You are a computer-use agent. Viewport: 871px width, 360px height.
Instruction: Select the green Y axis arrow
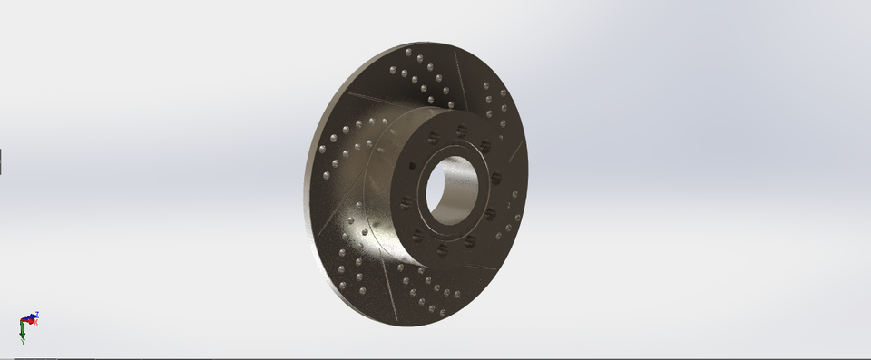[22, 334]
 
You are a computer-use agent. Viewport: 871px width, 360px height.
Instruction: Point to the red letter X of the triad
[36, 322]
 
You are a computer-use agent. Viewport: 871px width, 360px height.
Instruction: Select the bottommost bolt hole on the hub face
[442, 248]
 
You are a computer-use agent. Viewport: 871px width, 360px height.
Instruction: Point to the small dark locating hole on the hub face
[414, 166]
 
